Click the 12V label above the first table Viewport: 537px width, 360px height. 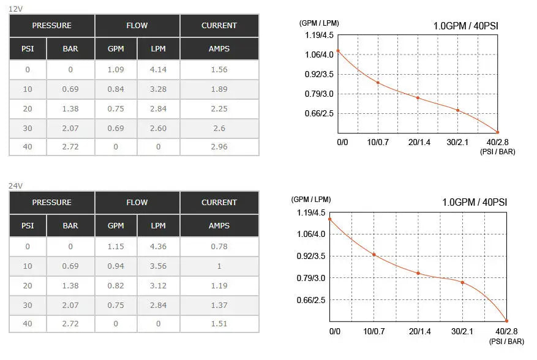pyautogui.click(x=15, y=9)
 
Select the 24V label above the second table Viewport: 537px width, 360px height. pyautogui.click(x=15, y=186)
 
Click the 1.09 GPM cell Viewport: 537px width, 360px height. pyautogui.click(x=116, y=70)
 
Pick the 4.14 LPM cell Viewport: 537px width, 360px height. pyautogui.click(x=158, y=70)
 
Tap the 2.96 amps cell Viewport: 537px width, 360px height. pyautogui.click(x=219, y=146)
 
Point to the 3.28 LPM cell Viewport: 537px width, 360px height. pyautogui.click(x=158, y=89)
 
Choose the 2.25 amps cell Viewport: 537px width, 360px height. pyautogui.click(x=219, y=108)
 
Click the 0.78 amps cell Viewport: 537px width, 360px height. pyautogui.click(x=219, y=246)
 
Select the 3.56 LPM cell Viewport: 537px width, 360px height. pyautogui.click(x=158, y=266)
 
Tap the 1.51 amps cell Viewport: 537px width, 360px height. pyautogui.click(x=219, y=323)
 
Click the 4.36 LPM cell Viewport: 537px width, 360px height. pyautogui.click(x=158, y=246)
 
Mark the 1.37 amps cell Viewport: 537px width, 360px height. pyautogui.click(x=219, y=305)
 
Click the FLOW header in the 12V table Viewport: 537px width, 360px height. pyautogui.click(x=137, y=25)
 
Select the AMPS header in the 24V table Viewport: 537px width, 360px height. pyautogui.click(x=219, y=225)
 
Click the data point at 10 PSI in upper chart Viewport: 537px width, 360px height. pyautogui.click(x=378, y=83)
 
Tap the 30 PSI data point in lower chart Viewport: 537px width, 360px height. pyautogui.click(x=463, y=283)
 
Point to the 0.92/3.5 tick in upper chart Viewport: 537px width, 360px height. pyautogui.click(x=319, y=74)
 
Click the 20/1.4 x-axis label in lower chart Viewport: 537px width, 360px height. pyautogui.click(x=419, y=331)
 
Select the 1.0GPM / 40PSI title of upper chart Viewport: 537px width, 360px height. pyautogui.click(x=466, y=26)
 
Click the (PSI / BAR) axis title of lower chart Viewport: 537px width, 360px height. pyautogui.click(x=506, y=342)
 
